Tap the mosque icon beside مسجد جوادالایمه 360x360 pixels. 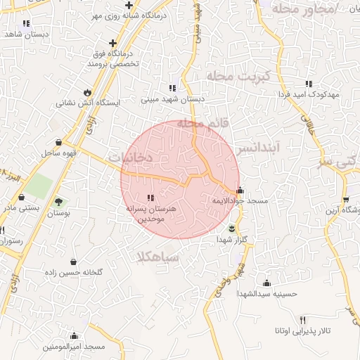click(240, 190)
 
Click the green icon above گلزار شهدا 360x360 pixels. click(233, 229)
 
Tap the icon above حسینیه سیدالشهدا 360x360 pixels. click(266, 283)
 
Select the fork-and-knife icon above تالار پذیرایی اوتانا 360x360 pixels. click(303, 320)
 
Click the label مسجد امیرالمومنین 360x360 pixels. click(74, 347)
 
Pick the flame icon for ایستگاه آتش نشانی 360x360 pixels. click(87, 92)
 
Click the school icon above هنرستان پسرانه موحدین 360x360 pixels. click(151, 198)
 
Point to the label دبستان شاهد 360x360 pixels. click(24, 33)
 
